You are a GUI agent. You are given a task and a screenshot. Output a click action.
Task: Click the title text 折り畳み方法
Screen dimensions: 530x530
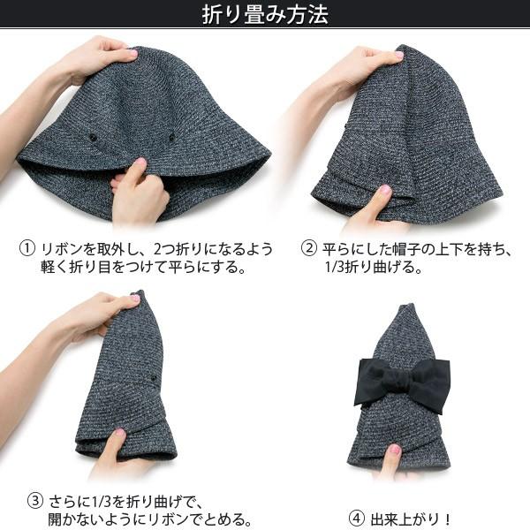point(265,15)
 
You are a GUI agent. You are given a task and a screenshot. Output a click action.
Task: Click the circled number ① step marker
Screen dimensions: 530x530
point(27,249)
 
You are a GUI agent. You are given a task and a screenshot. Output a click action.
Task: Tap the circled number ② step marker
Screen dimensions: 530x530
point(308,249)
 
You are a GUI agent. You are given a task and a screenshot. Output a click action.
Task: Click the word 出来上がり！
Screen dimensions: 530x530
point(408,517)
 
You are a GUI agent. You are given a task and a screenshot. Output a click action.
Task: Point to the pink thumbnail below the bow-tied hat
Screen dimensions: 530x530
point(395,450)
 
